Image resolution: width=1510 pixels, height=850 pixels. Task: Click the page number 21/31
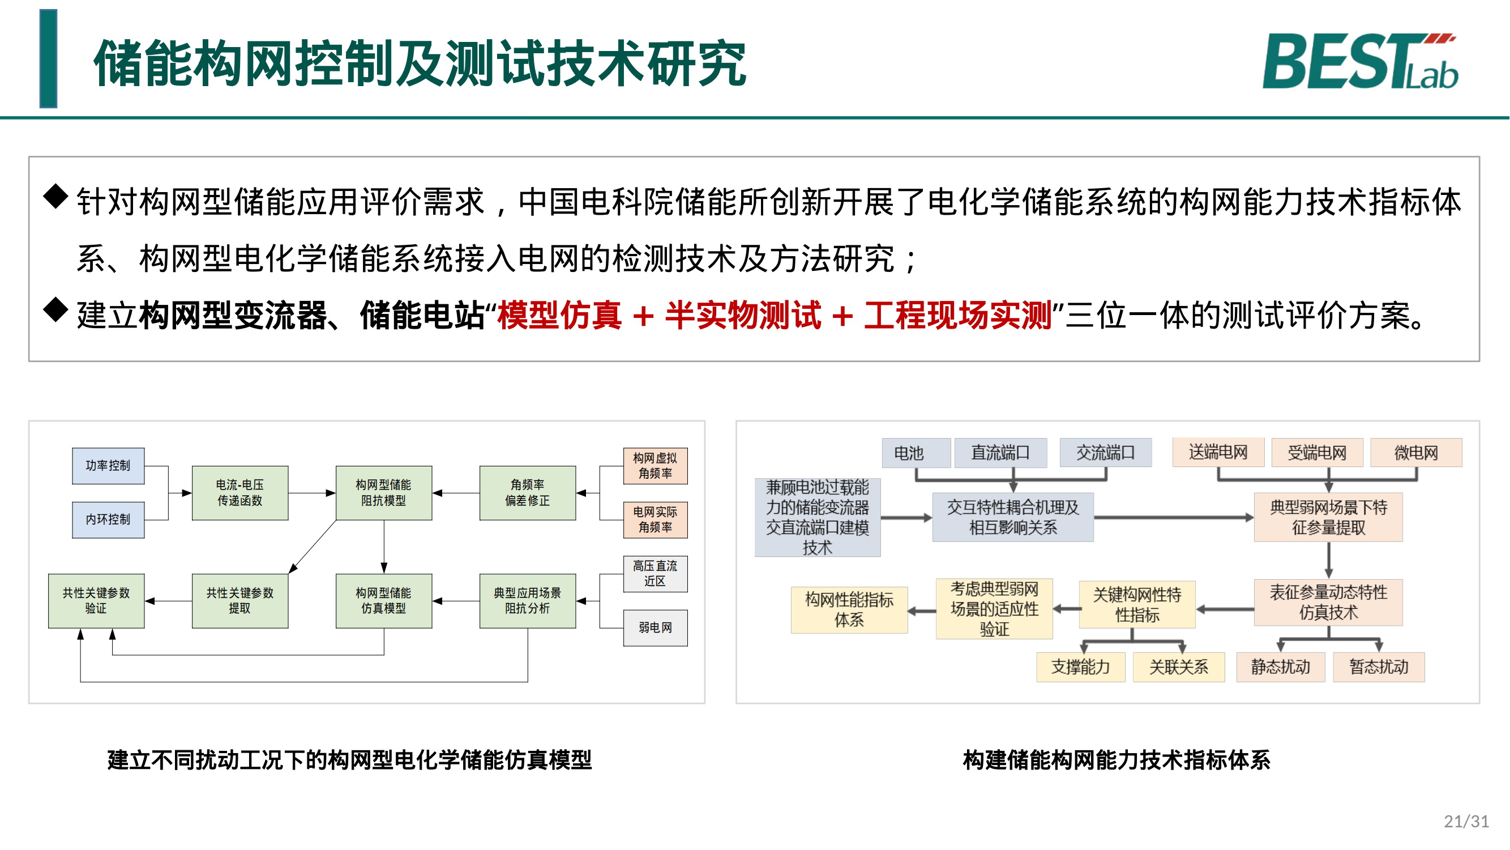[x=1465, y=821]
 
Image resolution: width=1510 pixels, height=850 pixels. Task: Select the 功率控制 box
[x=108, y=466]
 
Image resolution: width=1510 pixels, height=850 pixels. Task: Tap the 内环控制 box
[x=108, y=520]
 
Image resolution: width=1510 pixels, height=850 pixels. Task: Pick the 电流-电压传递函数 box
[x=239, y=493]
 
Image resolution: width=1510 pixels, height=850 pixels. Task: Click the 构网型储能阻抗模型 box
[x=383, y=493]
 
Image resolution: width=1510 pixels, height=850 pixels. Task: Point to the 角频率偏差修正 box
[x=527, y=493]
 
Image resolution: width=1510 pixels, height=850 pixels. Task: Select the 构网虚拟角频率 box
[x=655, y=466]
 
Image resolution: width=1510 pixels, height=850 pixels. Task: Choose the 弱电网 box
[x=655, y=628]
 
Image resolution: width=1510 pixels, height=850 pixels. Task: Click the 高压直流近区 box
[x=655, y=573]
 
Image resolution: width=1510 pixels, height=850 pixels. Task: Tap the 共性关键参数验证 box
[x=96, y=601]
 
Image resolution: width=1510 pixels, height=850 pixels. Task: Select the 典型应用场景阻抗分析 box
[x=527, y=601]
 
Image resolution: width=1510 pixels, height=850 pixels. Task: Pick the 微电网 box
[x=1415, y=453]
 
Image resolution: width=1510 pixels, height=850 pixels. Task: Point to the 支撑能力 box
[x=1080, y=667]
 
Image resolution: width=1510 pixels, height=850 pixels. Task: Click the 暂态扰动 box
[x=1379, y=667]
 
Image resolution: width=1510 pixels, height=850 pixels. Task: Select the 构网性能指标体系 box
[x=849, y=610]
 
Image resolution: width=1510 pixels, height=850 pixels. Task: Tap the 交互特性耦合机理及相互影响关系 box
[x=1013, y=517]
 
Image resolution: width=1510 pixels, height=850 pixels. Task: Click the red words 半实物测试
[x=743, y=316]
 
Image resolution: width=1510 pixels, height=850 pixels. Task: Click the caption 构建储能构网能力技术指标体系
[x=1116, y=760]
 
